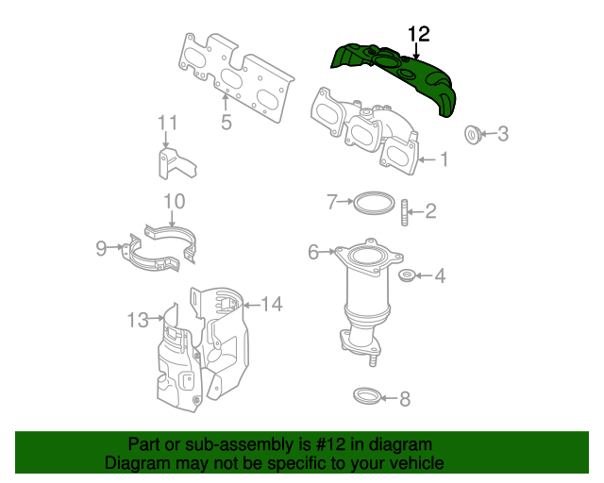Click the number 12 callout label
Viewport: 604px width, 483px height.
tap(418, 34)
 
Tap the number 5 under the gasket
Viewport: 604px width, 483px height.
tap(226, 123)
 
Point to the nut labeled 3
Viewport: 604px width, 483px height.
tap(472, 134)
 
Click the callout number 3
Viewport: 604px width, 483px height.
tap(503, 134)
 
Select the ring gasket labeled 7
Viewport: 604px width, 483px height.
tap(374, 202)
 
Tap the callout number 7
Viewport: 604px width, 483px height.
tap(331, 201)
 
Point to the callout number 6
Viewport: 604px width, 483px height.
tap(313, 252)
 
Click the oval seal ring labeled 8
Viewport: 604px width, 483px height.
tap(367, 395)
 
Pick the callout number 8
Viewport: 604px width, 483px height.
tap(405, 399)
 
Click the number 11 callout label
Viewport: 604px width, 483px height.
tap(167, 123)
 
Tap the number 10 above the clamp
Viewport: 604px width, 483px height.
tap(175, 201)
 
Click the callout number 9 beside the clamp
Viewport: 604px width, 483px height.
tap(102, 248)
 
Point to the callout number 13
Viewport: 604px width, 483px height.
tap(139, 321)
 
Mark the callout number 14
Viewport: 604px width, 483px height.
tap(272, 304)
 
